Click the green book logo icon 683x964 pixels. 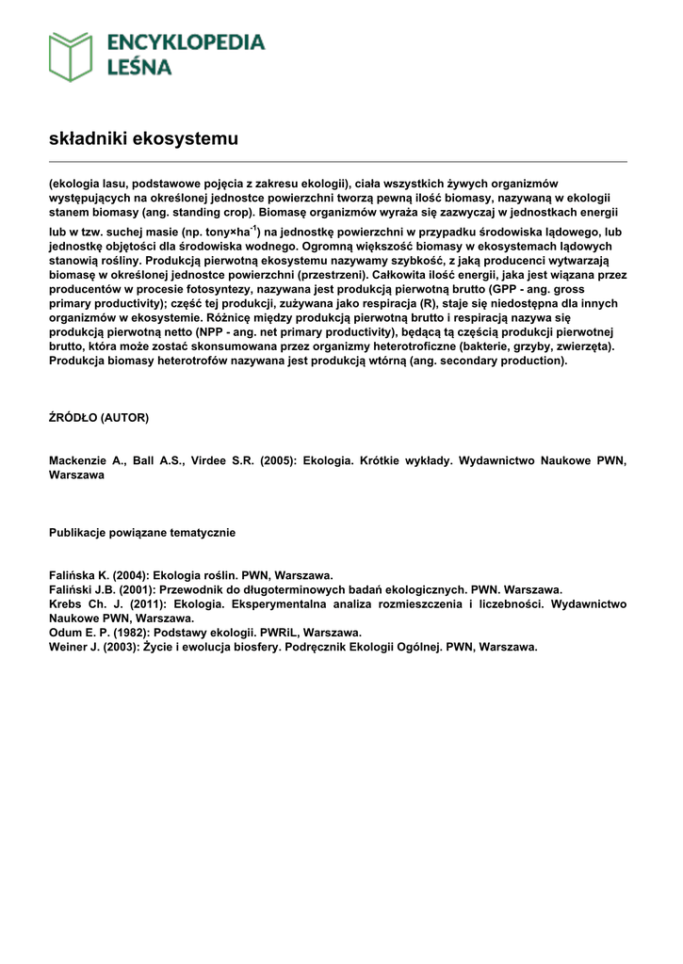tap(71, 56)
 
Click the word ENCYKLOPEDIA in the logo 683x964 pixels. tap(186, 42)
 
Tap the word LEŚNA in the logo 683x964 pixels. tap(138, 67)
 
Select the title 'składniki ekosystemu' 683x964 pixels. tap(143, 139)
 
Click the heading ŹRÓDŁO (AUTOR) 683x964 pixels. tap(99, 416)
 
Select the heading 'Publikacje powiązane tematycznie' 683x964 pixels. tap(142, 533)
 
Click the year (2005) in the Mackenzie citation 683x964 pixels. tap(273, 461)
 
